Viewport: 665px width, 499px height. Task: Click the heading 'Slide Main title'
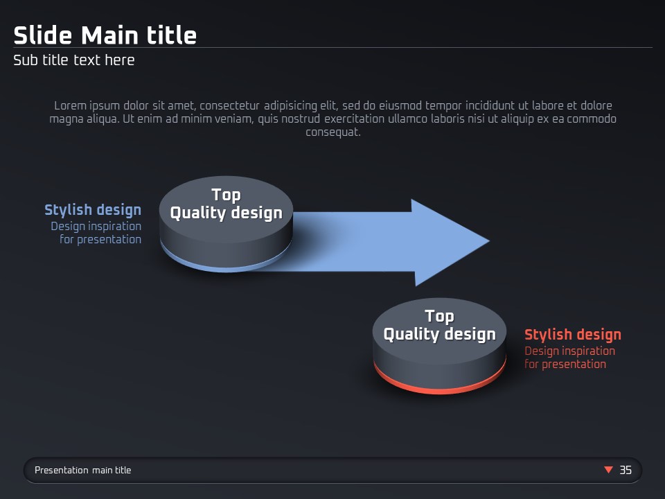[105, 35]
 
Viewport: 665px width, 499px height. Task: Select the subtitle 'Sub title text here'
[74, 60]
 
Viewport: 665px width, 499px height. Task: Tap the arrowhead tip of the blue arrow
[489, 241]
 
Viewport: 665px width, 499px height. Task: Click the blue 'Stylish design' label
[93, 210]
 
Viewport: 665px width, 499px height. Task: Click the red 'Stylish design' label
[573, 334]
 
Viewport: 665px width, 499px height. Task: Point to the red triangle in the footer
[609, 469]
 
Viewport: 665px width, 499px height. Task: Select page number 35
[626, 470]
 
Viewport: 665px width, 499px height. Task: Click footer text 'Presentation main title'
[82, 470]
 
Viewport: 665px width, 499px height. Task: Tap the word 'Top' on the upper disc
[226, 195]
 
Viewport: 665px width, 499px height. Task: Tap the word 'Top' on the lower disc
[439, 317]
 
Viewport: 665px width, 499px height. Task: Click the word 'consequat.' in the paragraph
[333, 132]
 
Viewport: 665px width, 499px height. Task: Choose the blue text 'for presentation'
[100, 240]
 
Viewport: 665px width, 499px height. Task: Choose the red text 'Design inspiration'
[569, 351]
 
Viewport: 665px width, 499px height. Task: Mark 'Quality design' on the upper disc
[226, 213]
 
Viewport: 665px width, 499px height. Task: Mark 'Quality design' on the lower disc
[439, 334]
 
